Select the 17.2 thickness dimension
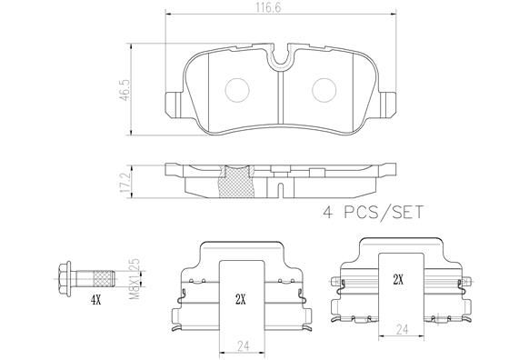pos(137,180)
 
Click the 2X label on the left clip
pos(240,298)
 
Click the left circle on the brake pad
pos(238,89)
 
